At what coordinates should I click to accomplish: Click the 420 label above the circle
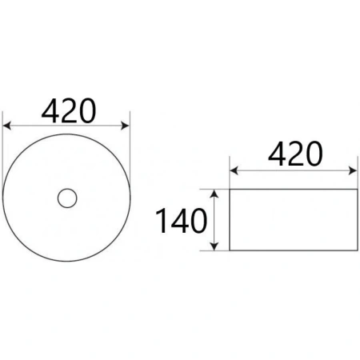pyautogui.click(x=69, y=110)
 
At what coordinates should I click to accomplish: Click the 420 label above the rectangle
pyautogui.click(x=295, y=154)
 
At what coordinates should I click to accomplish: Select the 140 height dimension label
pyautogui.click(x=182, y=221)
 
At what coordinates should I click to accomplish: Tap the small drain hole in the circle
pyautogui.click(x=67, y=198)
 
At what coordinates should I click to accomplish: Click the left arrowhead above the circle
pyautogui.click(x=6, y=126)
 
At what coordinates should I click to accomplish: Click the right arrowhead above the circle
pyautogui.click(x=126, y=126)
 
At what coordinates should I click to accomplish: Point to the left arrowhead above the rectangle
pyautogui.click(x=234, y=170)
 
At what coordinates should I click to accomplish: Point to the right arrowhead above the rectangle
pyautogui.click(x=353, y=170)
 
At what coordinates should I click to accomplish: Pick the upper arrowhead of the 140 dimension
pyautogui.click(x=214, y=194)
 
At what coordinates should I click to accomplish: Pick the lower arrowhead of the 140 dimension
pyautogui.click(x=214, y=246)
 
